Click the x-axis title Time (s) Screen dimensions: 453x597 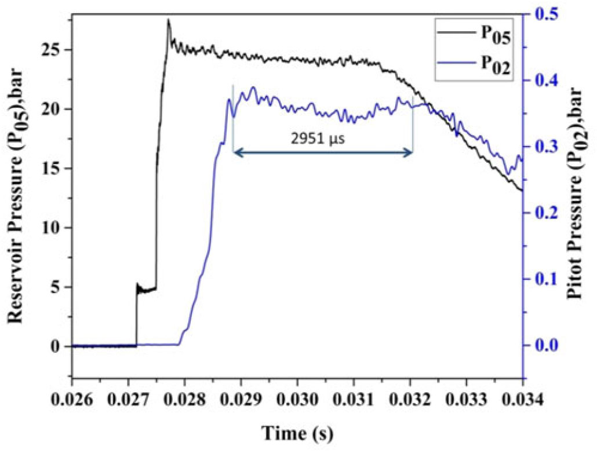point(297,432)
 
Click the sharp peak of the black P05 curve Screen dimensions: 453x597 point(169,21)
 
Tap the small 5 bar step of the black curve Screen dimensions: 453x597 point(145,289)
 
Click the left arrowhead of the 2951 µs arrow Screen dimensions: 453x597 point(236,152)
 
